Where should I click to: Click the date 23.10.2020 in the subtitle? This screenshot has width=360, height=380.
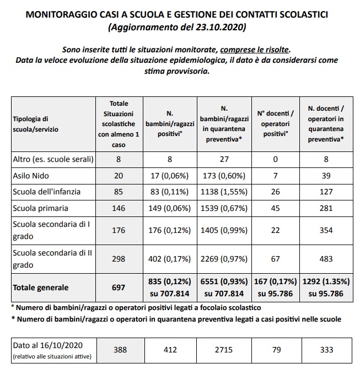[x=219, y=26]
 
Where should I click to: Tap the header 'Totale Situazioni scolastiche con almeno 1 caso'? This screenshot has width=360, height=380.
[x=119, y=124]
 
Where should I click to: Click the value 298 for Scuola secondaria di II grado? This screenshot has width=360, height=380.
[x=119, y=258]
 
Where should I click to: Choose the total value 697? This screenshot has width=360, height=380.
[x=119, y=287]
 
